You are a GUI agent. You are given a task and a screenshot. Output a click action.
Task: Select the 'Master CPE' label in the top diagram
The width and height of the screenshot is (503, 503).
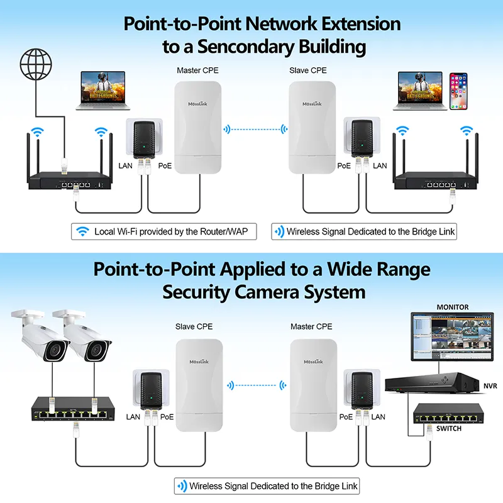pos(198,70)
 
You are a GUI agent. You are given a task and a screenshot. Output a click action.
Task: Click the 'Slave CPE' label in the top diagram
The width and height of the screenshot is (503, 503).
pos(308,70)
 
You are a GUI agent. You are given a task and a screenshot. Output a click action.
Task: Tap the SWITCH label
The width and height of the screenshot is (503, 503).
pos(448,428)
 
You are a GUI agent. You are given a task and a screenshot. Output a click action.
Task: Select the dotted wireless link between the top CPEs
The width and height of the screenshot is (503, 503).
pos(255,129)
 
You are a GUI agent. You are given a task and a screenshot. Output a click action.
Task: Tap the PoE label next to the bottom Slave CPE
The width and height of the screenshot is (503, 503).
pos(167,416)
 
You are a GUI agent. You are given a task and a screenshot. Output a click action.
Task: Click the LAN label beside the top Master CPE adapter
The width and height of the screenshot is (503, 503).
pos(126,166)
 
